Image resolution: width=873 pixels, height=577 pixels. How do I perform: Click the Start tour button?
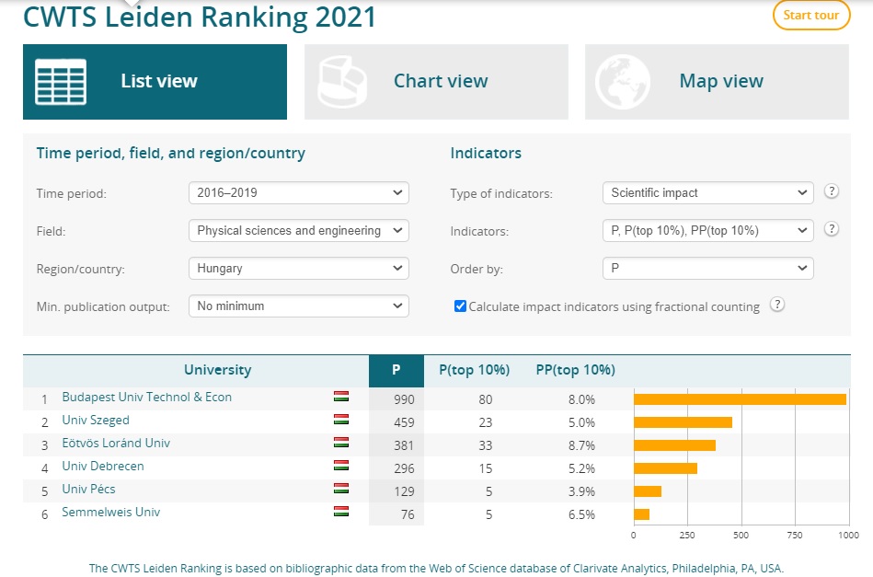[x=810, y=16]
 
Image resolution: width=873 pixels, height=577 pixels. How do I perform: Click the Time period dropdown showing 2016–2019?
[x=299, y=193]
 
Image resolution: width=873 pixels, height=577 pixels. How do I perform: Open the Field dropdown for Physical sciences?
[x=299, y=231]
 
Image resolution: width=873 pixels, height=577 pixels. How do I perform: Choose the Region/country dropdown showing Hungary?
[x=299, y=269]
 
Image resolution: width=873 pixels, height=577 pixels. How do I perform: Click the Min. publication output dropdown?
[x=299, y=306]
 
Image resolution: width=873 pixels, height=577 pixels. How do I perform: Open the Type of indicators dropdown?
[x=708, y=193]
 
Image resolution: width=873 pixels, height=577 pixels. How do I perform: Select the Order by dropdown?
[x=708, y=269]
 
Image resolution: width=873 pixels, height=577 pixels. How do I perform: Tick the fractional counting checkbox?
[x=461, y=306]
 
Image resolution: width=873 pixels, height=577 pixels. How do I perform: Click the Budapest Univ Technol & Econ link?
[x=147, y=398]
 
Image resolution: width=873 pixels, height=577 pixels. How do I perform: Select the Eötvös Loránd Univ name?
[x=116, y=444]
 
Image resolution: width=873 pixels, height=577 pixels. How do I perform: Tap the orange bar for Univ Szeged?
[x=683, y=422]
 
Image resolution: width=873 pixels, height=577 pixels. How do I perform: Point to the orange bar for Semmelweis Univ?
[x=641, y=514]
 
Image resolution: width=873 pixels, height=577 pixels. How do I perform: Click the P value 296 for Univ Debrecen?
[x=402, y=467]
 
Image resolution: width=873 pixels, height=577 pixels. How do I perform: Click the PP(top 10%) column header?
[x=575, y=370]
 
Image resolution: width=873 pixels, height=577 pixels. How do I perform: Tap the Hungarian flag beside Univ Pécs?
[x=341, y=489]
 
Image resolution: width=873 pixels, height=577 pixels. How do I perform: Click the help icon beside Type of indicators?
[x=832, y=191]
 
